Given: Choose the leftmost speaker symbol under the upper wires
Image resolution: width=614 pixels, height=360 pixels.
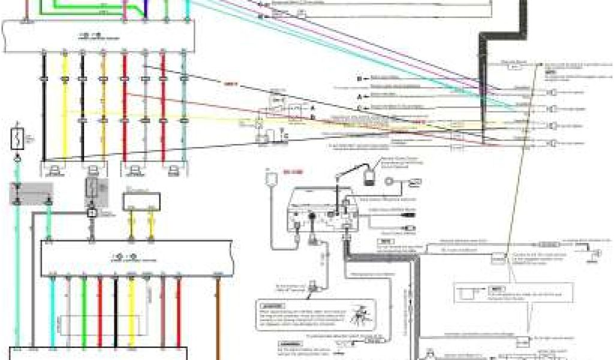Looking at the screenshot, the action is (x=55, y=169).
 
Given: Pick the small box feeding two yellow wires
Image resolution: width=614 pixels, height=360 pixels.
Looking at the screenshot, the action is (x=141, y=201).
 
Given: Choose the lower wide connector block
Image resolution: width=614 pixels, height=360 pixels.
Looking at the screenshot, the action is (x=136, y=258).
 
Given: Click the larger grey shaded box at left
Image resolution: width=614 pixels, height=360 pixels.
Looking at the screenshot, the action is (x=31, y=193).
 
